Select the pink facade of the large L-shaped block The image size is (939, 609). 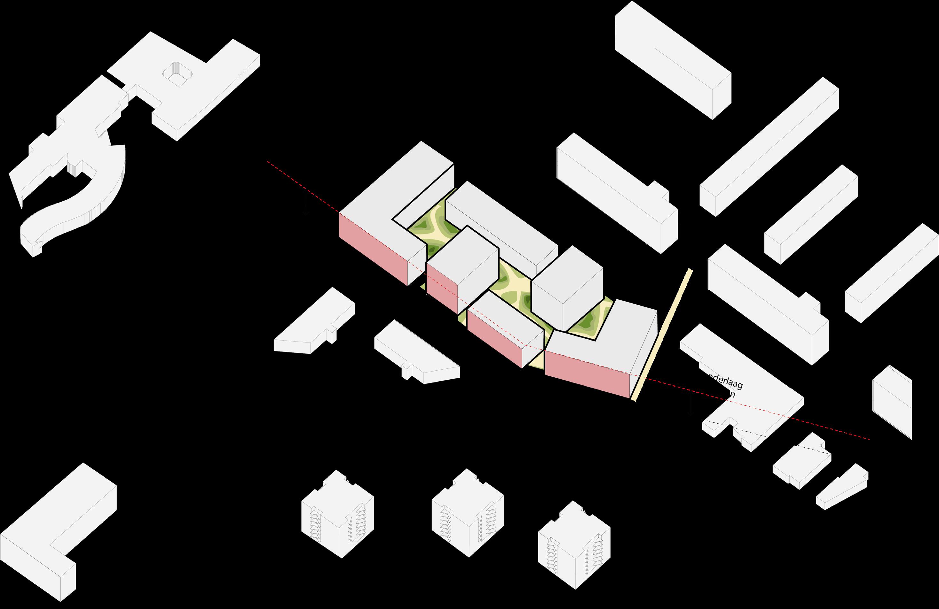coord(373,248)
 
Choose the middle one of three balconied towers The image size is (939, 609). coord(468,513)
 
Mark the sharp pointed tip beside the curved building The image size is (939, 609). coord(20,203)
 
